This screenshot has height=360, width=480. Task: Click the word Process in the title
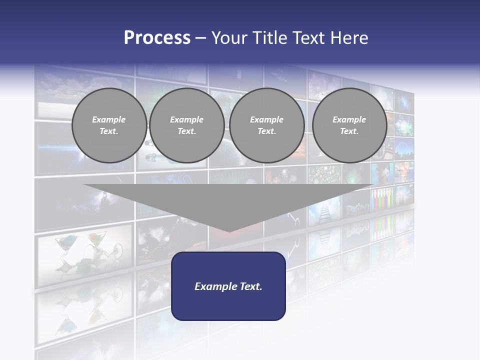tap(157, 38)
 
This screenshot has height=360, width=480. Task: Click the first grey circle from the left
tap(109, 125)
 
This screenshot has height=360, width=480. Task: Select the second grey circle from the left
tap(187, 125)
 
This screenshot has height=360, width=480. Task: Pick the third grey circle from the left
tap(267, 125)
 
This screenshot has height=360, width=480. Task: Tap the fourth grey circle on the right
tap(349, 125)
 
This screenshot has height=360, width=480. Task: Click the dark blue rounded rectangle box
tap(228, 305)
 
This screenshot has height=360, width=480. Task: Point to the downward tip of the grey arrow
tap(229, 231)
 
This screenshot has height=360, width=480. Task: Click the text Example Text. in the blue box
tap(228, 286)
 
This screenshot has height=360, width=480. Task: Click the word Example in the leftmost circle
tap(109, 119)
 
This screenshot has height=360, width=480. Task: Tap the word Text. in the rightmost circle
tap(349, 131)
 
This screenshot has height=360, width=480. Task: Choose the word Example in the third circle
tap(267, 119)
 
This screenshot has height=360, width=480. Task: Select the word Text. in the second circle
tap(187, 131)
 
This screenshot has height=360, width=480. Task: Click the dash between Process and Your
tap(200, 38)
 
